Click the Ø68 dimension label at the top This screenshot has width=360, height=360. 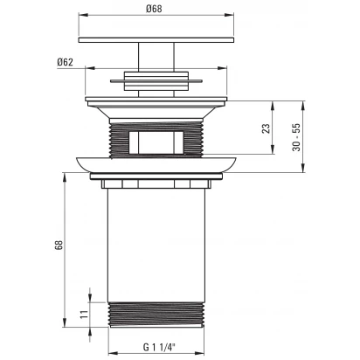154,9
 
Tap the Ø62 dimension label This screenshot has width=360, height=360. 65,62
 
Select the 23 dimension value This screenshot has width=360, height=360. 266,128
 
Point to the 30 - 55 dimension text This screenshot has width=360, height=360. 296,137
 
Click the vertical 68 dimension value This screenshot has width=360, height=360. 59,245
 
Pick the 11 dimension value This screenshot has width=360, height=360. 85,315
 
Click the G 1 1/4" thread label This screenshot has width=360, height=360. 159,347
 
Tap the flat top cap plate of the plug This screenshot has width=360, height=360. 156,40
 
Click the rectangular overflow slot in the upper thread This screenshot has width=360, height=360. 156,142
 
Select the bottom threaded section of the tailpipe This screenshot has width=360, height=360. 156,315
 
